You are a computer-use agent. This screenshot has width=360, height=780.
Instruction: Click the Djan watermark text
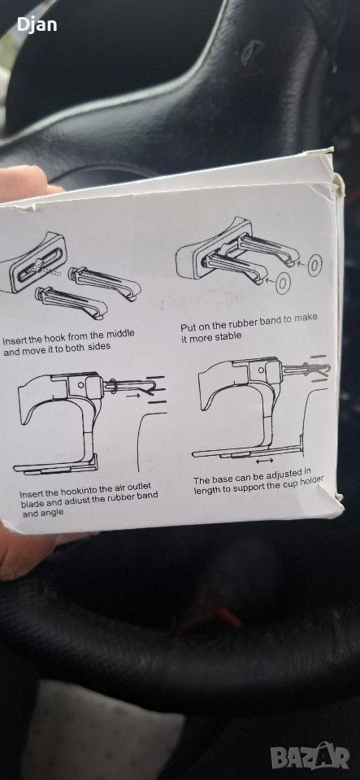click(x=37, y=24)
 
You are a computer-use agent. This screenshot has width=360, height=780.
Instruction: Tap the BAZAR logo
click(x=310, y=756)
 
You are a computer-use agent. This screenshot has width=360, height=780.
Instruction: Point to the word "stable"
click(x=228, y=336)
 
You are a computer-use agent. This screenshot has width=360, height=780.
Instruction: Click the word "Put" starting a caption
click(x=189, y=327)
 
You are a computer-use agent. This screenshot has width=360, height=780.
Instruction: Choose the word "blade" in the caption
click(x=33, y=504)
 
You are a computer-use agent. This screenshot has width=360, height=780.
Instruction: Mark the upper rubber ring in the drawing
click(x=314, y=266)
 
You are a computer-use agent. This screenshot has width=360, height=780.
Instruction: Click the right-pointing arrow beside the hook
click(x=132, y=396)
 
